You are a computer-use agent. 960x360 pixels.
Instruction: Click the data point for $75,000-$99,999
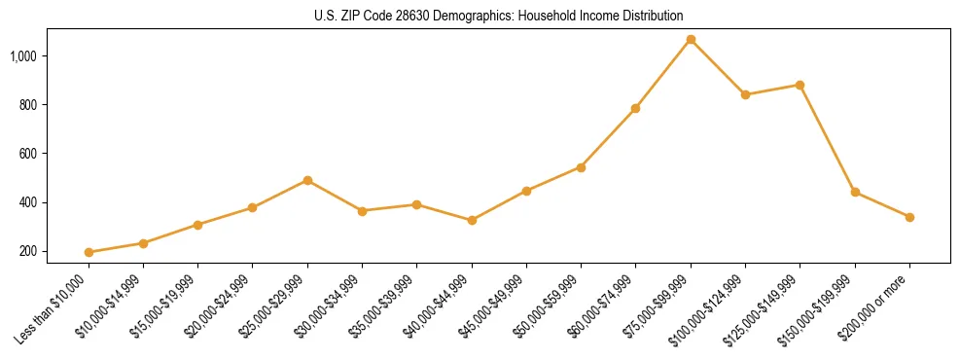point(691,39)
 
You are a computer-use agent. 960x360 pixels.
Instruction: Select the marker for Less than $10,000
point(89,252)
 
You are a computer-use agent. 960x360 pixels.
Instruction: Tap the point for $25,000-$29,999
point(307,180)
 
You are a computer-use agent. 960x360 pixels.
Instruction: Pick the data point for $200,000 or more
point(909,217)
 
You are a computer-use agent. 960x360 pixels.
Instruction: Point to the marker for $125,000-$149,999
point(800,85)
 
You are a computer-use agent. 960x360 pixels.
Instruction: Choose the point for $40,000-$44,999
point(472,220)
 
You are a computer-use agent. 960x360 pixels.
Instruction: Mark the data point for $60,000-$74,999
point(635,108)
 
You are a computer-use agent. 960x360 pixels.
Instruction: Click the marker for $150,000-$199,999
point(855,192)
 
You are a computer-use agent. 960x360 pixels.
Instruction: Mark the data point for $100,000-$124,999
point(745,94)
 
